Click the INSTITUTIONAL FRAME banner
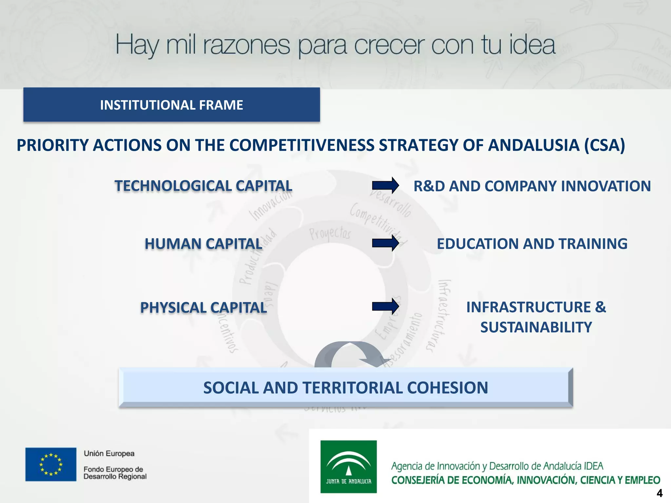click(171, 105)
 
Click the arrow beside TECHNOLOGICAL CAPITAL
click(385, 186)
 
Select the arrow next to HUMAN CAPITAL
click(385, 243)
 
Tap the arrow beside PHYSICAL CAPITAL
click(385, 307)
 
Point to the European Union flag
click(51, 464)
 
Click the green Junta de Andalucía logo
click(348, 466)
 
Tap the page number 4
click(660, 493)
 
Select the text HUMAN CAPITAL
click(203, 244)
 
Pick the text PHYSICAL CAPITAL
click(203, 308)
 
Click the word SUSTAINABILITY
click(536, 327)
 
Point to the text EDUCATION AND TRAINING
click(532, 244)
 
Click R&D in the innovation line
click(429, 186)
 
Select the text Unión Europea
click(109, 454)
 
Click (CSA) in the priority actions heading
click(605, 145)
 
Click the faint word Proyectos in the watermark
click(330, 233)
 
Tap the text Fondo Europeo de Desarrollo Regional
click(115, 473)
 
